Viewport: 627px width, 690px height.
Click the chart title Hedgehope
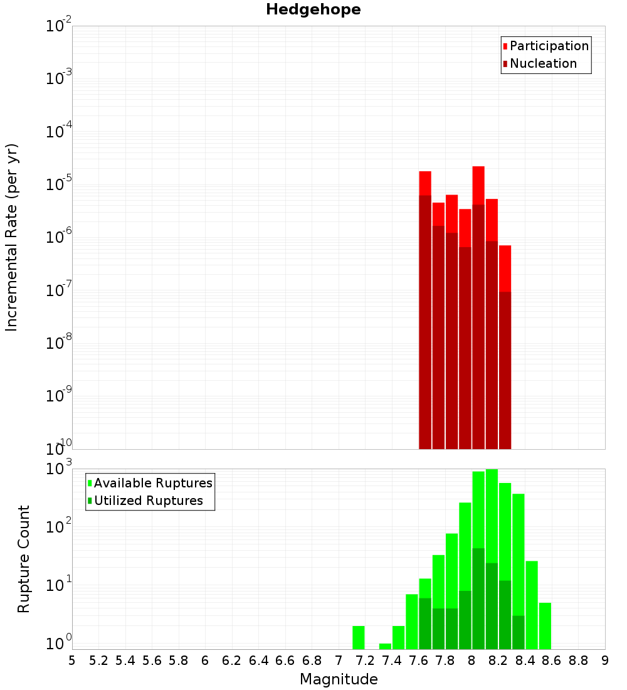point(313,9)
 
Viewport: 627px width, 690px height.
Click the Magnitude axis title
point(339,679)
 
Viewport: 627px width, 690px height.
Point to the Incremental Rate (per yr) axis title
point(12,238)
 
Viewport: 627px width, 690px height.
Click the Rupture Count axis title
point(24,559)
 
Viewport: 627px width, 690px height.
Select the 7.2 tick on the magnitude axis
point(365,661)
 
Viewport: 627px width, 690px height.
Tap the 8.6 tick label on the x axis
point(552,661)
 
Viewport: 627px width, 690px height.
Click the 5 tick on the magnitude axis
point(72,661)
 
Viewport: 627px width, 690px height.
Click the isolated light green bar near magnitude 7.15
point(359,637)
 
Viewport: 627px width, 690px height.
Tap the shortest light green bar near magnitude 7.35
point(385,646)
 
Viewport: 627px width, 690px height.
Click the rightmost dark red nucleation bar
point(505,370)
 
